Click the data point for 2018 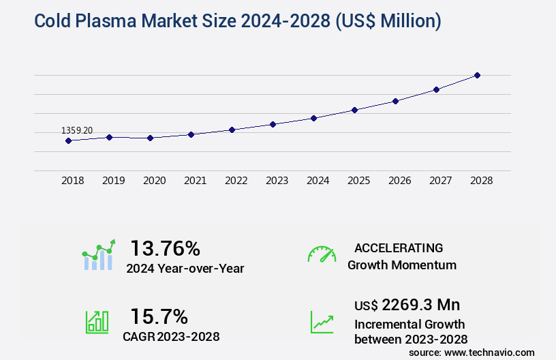coord(68,140)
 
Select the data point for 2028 coord(477,75)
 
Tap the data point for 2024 coord(313,118)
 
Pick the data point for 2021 coord(191,134)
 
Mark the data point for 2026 coord(395,101)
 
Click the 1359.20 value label coord(77,130)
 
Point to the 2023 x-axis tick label coord(277,181)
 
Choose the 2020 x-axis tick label coord(154,181)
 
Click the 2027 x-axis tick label coord(440,181)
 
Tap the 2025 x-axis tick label coord(358,181)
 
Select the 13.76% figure coord(165,247)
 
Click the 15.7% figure coord(159,316)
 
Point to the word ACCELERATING coord(399,247)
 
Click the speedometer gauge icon coord(322,254)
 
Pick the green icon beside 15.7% coord(97,322)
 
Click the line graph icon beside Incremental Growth coord(322,322)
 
